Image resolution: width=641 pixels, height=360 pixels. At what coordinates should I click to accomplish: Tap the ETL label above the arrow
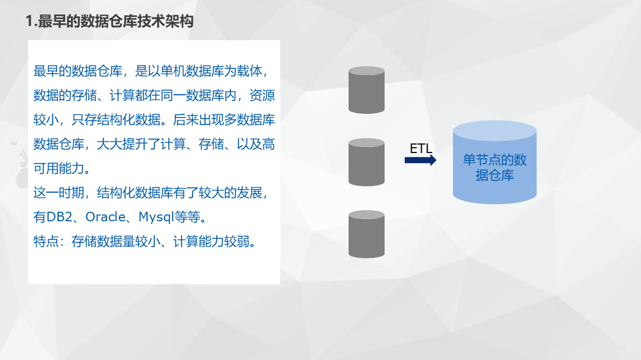coord(421,148)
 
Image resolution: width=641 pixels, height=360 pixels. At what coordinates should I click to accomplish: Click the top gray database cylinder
coord(366,90)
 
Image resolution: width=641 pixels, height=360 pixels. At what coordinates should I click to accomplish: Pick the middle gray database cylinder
coord(366,163)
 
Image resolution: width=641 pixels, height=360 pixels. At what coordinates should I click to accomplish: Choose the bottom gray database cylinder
coord(366,234)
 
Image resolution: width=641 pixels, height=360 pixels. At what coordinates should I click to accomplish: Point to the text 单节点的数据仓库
coord(494,167)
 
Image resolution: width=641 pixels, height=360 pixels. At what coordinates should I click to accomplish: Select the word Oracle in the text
coord(105,217)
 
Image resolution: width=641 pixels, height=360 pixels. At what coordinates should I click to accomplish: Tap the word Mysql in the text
coord(157,217)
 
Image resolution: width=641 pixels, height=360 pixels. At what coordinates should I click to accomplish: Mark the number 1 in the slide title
coord(29,22)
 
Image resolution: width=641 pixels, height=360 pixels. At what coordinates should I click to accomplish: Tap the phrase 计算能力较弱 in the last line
coord(211,242)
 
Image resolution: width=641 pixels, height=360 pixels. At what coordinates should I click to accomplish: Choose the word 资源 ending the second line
coord(262,96)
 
